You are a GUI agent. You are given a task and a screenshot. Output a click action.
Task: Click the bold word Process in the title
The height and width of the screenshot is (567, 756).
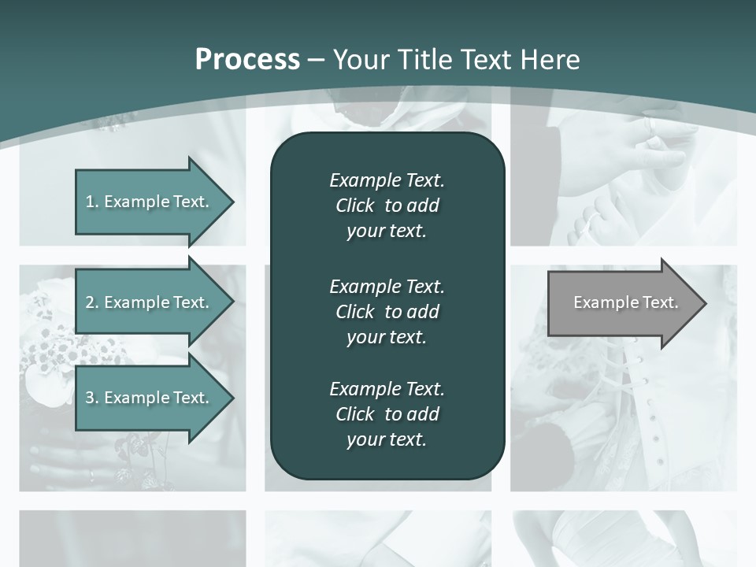247,60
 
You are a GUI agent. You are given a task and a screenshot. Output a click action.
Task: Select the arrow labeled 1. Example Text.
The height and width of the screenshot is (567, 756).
150,202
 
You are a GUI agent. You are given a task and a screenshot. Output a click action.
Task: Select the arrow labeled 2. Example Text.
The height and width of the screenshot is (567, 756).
150,302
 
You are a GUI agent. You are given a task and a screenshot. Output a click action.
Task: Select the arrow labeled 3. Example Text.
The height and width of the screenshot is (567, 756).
150,398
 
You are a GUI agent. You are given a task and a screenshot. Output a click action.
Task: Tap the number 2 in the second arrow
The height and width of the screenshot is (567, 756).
90,302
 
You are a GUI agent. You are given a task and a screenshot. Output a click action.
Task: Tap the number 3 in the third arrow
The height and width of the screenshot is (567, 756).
90,398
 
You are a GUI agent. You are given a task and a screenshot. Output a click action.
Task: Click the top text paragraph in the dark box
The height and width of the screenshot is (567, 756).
387,206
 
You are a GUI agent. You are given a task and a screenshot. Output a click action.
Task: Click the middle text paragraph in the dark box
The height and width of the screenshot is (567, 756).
387,311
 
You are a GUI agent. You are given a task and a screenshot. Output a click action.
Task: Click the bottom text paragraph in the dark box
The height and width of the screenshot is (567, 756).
387,414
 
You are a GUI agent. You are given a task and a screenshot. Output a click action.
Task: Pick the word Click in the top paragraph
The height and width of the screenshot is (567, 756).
354,206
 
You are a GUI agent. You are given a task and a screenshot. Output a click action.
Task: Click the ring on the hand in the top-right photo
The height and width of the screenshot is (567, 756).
650,124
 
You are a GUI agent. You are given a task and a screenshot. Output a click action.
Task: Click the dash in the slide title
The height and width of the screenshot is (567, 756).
317,60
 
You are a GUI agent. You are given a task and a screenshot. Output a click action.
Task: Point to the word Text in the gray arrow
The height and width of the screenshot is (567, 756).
660,302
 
